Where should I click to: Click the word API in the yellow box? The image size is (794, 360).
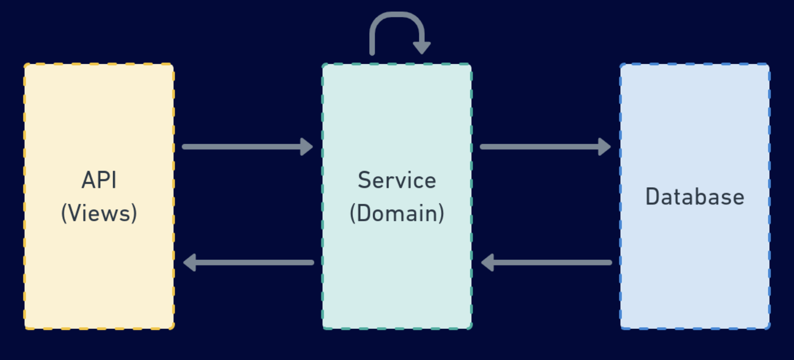[x=99, y=180]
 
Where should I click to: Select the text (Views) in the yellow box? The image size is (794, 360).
[x=99, y=213]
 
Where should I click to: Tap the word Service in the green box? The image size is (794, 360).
[x=397, y=180]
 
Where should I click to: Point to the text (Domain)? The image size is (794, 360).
[x=397, y=213]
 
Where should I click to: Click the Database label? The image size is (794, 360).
[x=695, y=197]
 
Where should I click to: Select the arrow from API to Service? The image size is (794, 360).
[x=247, y=147]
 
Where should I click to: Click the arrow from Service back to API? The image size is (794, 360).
[x=248, y=263]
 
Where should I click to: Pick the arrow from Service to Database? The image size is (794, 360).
[x=546, y=147]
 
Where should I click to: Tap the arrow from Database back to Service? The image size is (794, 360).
[x=547, y=263]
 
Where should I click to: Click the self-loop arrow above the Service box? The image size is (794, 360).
[x=397, y=15]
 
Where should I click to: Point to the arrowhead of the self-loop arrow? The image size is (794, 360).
[x=422, y=48]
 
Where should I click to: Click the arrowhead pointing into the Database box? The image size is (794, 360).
[x=605, y=147]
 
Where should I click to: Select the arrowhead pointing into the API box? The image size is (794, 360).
[x=190, y=263]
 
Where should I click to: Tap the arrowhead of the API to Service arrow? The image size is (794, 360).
[x=307, y=147]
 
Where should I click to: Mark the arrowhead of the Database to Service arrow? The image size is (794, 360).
[x=487, y=263]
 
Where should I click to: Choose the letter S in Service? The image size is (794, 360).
[x=364, y=180]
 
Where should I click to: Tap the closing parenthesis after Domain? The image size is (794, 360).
[x=441, y=213]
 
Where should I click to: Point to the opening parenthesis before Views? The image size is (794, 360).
[x=65, y=213]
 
